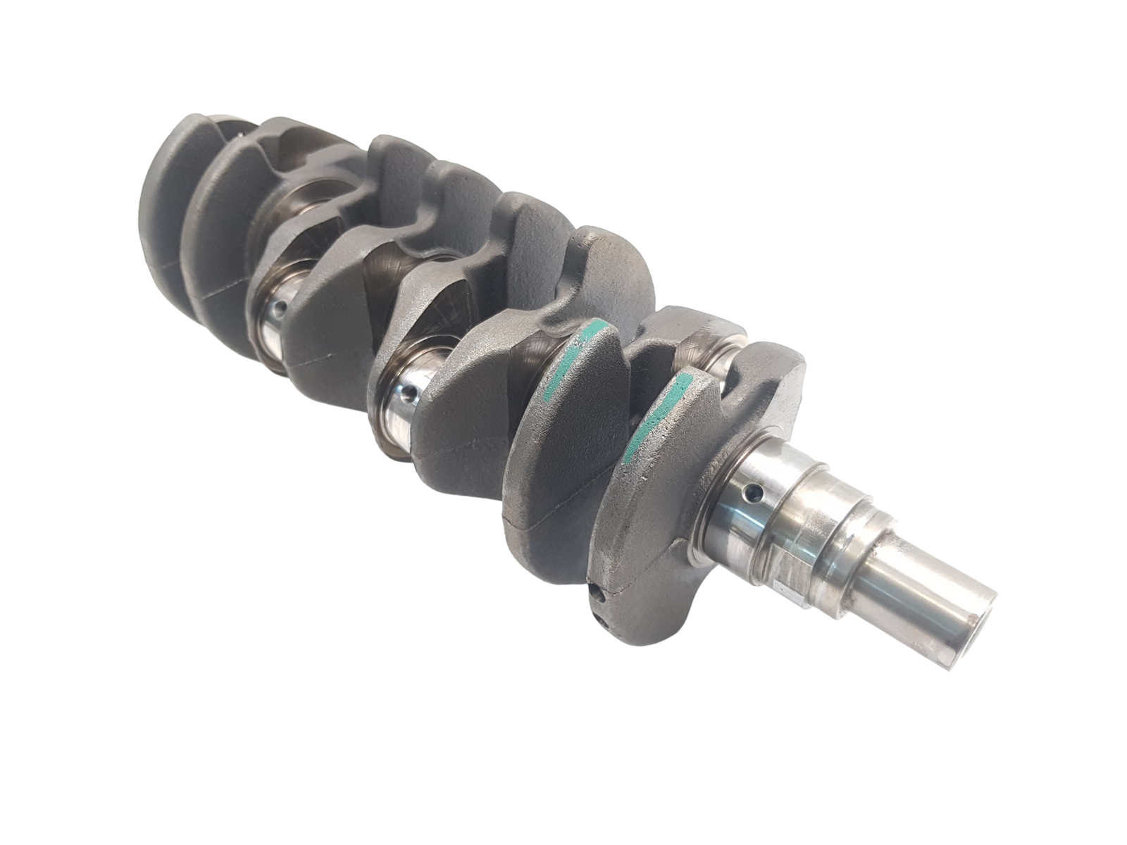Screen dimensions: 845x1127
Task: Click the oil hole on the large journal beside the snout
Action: [x=754, y=488]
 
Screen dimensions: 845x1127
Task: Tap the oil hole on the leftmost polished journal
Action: [x=281, y=306]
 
